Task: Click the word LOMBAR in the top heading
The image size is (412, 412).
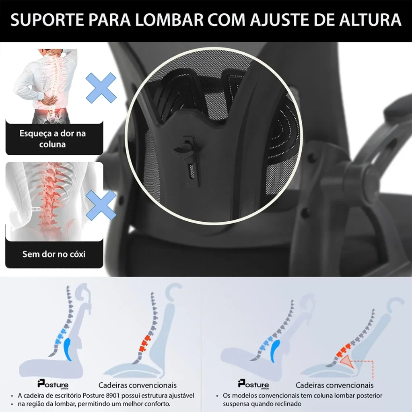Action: [169, 20]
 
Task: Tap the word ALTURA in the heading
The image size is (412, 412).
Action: [370, 20]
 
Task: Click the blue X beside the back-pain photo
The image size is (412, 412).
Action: [101, 88]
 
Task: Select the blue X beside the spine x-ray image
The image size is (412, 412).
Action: [101, 205]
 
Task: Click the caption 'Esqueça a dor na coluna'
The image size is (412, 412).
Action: [53, 139]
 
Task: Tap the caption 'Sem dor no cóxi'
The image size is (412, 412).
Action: [54, 254]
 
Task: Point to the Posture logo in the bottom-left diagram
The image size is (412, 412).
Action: [53, 384]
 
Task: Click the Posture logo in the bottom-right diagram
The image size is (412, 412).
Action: [253, 384]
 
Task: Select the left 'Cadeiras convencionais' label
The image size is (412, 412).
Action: [138, 385]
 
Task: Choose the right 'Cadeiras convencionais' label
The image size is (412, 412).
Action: [334, 385]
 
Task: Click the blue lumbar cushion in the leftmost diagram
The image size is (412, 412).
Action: [68, 349]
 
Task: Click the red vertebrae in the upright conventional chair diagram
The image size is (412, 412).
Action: [145, 343]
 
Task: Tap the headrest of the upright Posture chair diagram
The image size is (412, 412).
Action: [84, 292]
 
